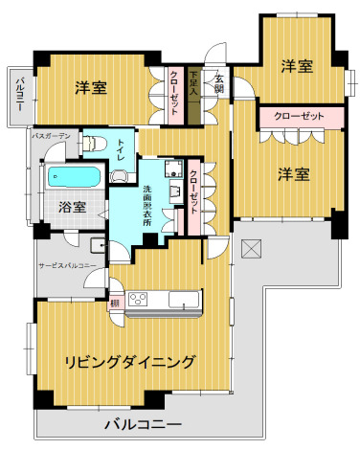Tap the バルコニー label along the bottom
pos(143,424)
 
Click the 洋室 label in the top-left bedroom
pos(91,87)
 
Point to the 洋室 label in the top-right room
pos(296,66)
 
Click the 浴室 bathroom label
pos(72,206)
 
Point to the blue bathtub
pos(73,177)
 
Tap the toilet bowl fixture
pos(93,144)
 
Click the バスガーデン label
pos(51,137)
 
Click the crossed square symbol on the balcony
pos(252,248)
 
